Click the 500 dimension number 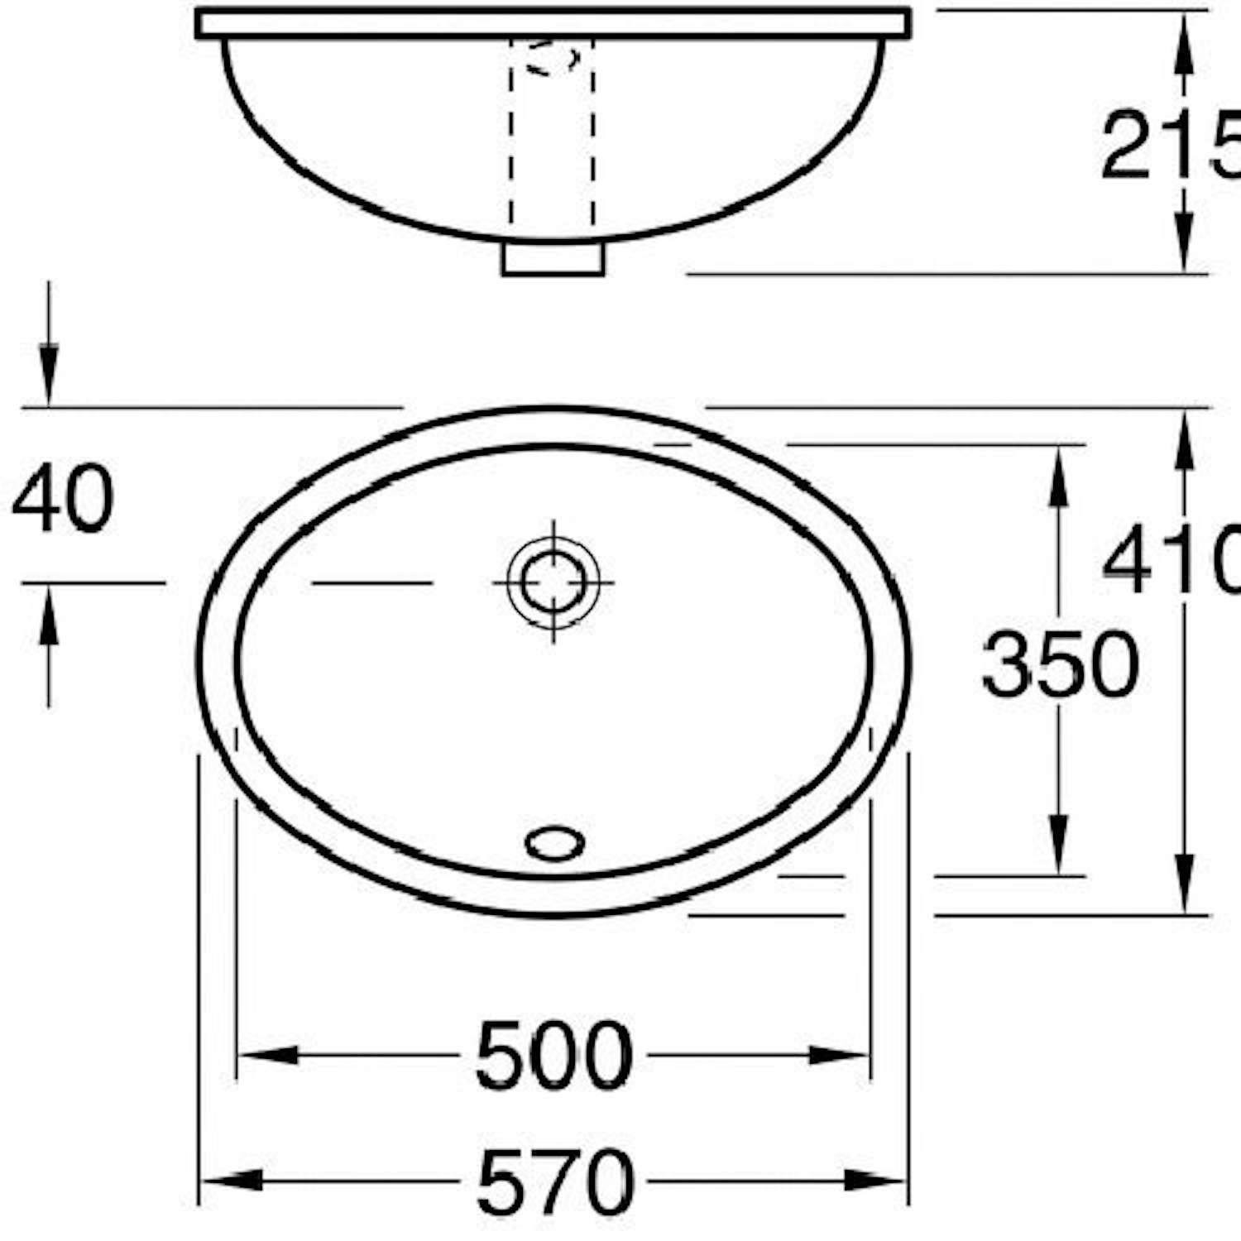(553, 1057)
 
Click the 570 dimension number (555, 1181)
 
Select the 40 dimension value (62, 499)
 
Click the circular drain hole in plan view (553, 582)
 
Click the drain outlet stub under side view (553, 258)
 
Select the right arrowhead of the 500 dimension (839, 1056)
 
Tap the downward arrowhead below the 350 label (1057, 844)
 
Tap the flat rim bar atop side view (553, 23)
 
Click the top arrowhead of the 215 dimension (1185, 41)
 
